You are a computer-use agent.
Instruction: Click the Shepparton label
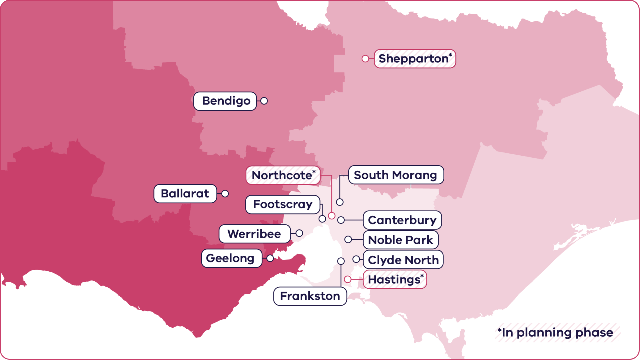pyautogui.click(x=415, y=59)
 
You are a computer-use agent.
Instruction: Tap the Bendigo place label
pyautogui.click(x=226, y=101)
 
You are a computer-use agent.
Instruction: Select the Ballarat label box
pyautogui.click(x=185, y=194)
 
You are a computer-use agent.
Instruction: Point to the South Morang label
pyautogui.click(x=396, y=175)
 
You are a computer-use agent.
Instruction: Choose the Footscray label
pyautogui.click(x=283, y=204)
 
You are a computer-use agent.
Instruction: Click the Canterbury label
pyautogui.click(x=402, y=220)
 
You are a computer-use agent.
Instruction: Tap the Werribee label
pyautogui.click(x=254, y=234)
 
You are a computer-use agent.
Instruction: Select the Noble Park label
pyautogui.click(x=401, y=240)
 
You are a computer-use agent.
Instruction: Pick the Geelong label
pyautogui.click(x=230, y=259)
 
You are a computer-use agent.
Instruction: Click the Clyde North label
pyautogui.click(x=403, y=260)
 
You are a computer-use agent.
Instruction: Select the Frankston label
pyautogui.click(x=310, y=296)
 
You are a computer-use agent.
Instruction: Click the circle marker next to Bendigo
pyautogui.click(x=264, y=101)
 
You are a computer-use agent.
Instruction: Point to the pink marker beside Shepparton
pyautogui.click(x=365, y=59)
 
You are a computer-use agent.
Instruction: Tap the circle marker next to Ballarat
pyautogui.click(x=225, y=193)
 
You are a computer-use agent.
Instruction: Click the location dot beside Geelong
pyautogui.click(x=270, y=258)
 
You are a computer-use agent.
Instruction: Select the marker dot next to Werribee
pyautogui.click(x=299, y=233)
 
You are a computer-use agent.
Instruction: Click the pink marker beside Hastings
pyautogui.click(x=348, y=279)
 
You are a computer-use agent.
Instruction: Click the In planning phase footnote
pyautogui.click(x=555, y=333)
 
